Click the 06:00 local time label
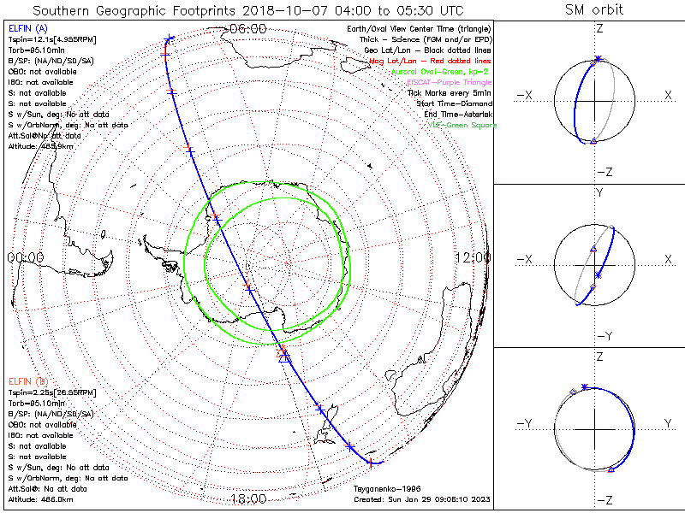(x=248, y=28)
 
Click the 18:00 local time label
(x=248, y=499)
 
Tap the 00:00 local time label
(x=25, y=256)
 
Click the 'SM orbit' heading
(x=594, y=10)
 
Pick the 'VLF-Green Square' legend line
(x=462, y=126)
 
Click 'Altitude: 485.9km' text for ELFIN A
(x=39, y=146)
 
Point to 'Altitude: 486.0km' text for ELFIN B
(x=39, y=498)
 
